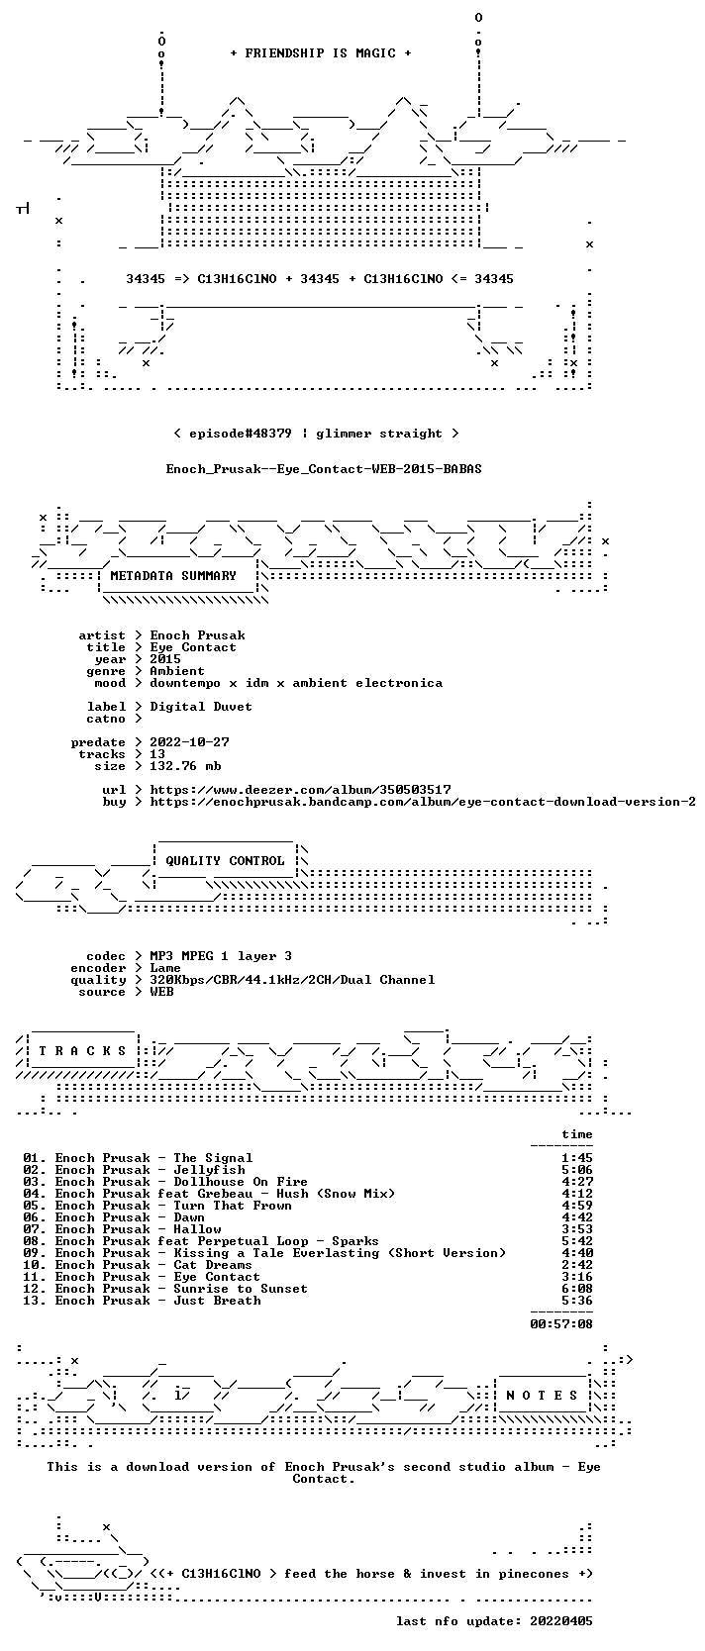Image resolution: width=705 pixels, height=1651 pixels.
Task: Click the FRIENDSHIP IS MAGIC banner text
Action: click(321, 53)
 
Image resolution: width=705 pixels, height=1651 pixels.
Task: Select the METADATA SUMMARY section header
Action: click(173, 576)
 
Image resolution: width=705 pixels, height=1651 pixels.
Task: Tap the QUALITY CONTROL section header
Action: click(225, 861)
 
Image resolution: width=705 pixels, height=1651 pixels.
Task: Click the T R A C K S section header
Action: click(82, 1051)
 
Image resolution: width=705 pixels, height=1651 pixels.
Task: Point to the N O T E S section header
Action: click(542, 1396)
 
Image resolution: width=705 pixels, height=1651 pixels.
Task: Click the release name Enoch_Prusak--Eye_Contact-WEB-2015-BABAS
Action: click(324, 469)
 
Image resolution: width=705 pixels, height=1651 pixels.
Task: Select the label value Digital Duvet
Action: click(201, 707)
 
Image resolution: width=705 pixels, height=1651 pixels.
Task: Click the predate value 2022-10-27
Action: click(189, 742)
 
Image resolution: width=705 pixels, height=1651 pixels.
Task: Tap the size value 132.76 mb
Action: click(185, 766)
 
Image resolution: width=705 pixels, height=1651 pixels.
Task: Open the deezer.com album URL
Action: click(300, 790)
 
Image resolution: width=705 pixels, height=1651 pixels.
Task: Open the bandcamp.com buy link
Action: click(423, 802)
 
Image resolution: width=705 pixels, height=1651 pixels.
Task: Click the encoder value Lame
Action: click(165, 968)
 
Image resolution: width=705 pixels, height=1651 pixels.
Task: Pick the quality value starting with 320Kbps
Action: click(292, 980)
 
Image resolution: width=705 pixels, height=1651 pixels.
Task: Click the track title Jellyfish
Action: click(210, 1170)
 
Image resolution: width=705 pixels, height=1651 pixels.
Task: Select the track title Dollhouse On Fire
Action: click(241, 1182)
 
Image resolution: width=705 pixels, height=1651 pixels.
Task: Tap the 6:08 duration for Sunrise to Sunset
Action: click(576, 1289)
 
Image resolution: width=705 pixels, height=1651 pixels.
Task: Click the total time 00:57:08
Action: click(561, 1323)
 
